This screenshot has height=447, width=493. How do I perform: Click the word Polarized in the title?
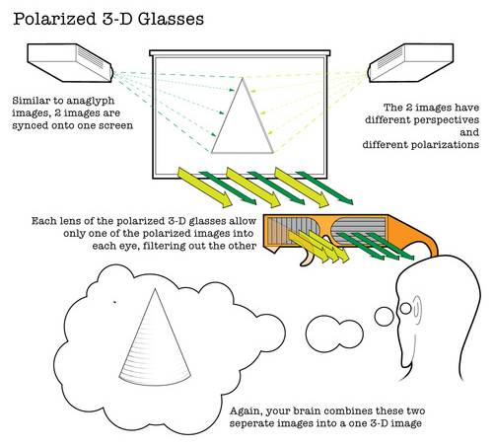coord(54,19)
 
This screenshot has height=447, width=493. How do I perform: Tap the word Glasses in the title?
coord(171,19)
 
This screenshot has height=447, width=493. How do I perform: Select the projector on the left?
coord(70,62)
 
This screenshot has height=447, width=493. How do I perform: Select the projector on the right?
coord(411,62)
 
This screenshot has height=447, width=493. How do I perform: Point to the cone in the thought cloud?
coord(155,338)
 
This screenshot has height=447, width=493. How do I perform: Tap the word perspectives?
coord(446,120)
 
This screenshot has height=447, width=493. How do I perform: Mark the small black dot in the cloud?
coord(114,302)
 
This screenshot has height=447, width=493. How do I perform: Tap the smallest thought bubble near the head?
coord(405,308)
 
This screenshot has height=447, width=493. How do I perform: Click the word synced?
coord(29,126)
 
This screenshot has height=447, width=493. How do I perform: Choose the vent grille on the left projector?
coord(91,58)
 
